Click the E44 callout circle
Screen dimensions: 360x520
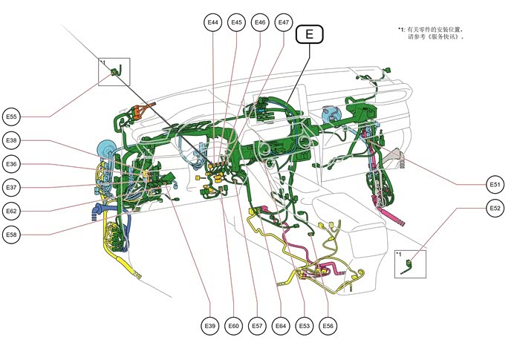click(x=213, y=23)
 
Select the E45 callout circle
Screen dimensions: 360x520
click(x=237, y=23)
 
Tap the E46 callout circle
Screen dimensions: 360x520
click(x=260, y=23)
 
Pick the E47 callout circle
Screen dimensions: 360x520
click(x=284, y=23)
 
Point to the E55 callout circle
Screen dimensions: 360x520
click(x=12, y=117)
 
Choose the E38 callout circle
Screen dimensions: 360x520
click(x=12, y=140)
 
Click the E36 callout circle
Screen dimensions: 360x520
click(x=12, y=163)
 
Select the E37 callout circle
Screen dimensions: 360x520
click(x=12, y=187)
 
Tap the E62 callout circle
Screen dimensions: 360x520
click(x=12, y=211)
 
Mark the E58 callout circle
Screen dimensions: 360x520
click(x=12, y=235)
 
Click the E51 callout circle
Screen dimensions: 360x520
click(x=495, y=184)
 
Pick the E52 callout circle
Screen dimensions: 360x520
click(x=495, y=208)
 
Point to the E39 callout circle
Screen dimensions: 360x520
click(x=210, y=325)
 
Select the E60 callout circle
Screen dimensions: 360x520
click(x=234, y=325)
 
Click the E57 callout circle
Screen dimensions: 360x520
click(x=257, y=325)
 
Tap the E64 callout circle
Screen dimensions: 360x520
click(x=281, y=325)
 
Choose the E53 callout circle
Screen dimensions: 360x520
click(x=305, y=325)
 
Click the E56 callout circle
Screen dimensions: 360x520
click(x=328, y=325)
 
